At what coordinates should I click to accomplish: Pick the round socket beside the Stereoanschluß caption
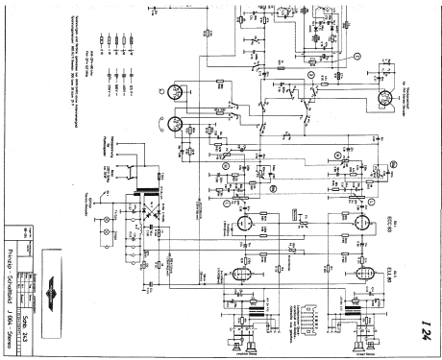[384, 98]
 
